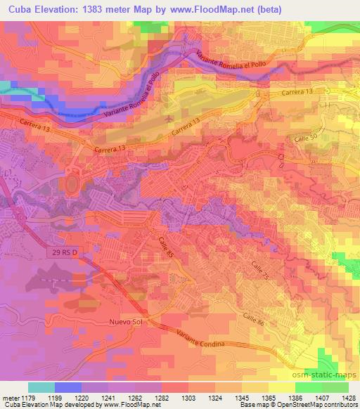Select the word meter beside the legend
click(9, 397)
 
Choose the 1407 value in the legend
click(314, 397)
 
